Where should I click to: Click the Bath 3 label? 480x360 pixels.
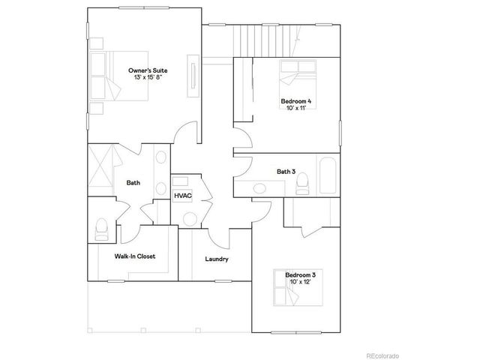[284, 172]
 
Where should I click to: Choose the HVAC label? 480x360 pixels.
[183, 196]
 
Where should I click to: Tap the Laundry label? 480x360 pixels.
[217, 259]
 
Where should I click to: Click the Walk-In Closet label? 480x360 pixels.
[135, 256]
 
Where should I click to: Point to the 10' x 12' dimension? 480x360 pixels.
[301, 283]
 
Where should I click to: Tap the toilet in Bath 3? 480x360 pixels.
[302, 182]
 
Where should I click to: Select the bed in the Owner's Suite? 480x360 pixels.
[106, 76]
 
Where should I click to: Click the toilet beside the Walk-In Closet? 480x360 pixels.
[103, 229]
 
